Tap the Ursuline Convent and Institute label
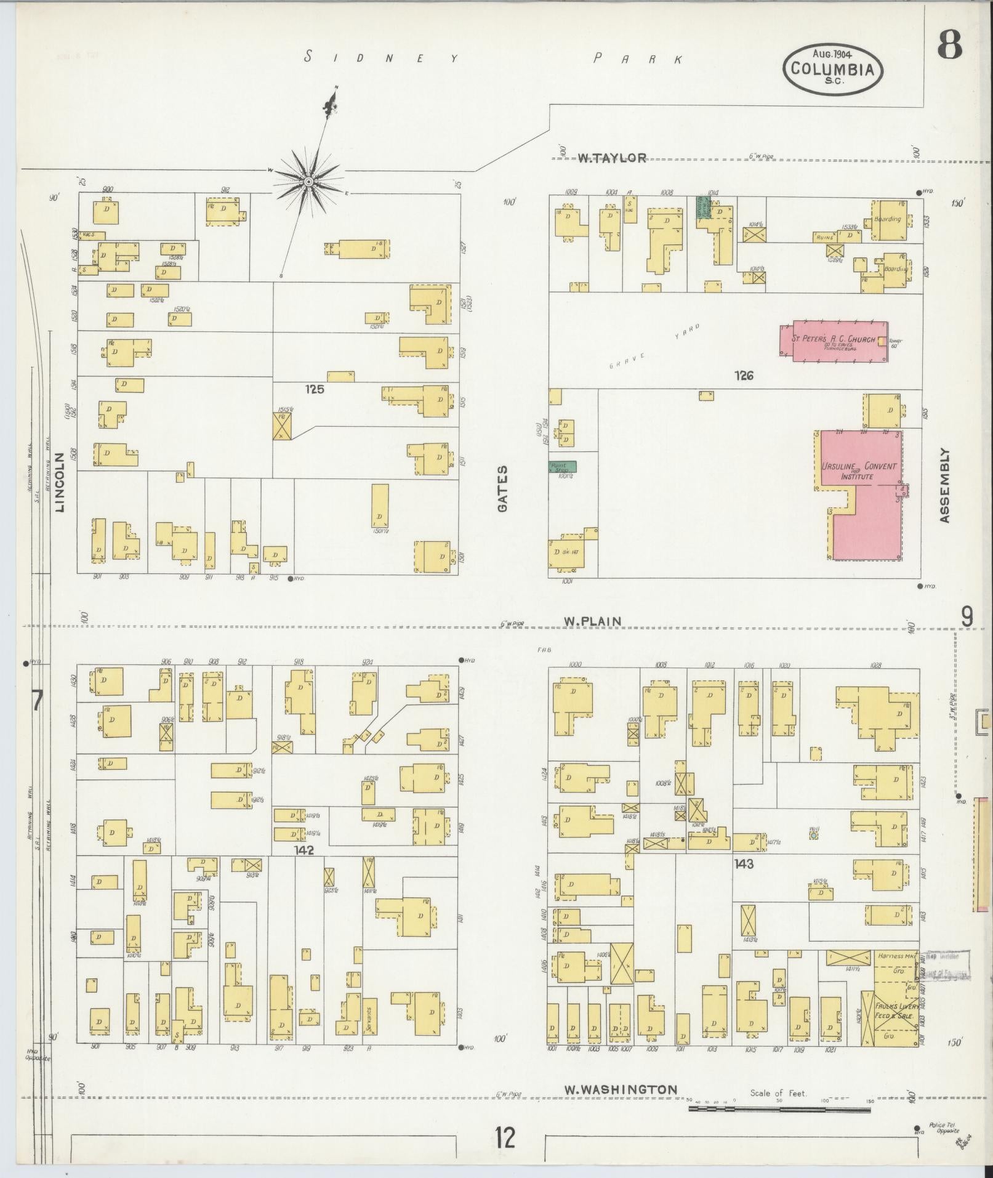859,471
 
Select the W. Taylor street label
612,158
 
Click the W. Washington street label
621,1089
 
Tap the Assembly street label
946,486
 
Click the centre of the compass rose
308,182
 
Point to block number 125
314,389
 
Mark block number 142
304,850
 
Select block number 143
743,864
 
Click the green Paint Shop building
563,467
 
